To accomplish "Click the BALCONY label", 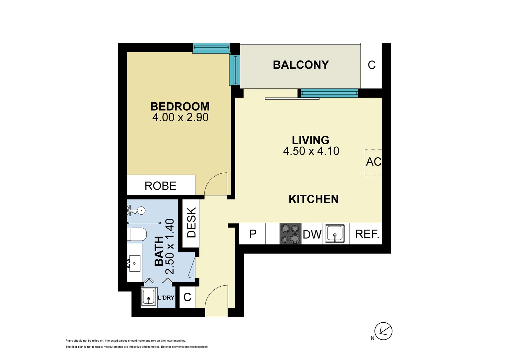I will tap(301, 65).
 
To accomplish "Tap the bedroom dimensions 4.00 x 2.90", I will tap(180, 117).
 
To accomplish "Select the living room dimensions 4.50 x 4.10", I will tap(311, 151).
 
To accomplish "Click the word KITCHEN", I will tap(313, 199).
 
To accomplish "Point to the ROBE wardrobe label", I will tap(160, 186).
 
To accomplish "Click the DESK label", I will tap(191, 222).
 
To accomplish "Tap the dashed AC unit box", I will tap(373, 162).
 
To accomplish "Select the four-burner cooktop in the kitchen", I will tap(290, 234).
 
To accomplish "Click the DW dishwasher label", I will tap(312, 235).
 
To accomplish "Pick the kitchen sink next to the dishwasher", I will tap(335, 234).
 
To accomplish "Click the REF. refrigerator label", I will tap(367, 234).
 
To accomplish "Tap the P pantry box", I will tap(253, 234).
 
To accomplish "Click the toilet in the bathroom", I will tap(137, 234).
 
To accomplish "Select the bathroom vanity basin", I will tap(135, 263).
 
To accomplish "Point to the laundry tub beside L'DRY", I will tap(149, 297).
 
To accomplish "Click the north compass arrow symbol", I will tap(383, 331).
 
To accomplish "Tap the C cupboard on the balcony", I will tap(371, 65).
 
